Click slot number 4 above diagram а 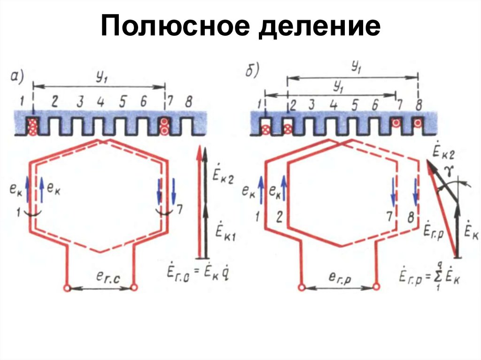[x=101, y=102]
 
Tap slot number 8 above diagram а [x=188, y=102]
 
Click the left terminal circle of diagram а [x=67, y=288]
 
